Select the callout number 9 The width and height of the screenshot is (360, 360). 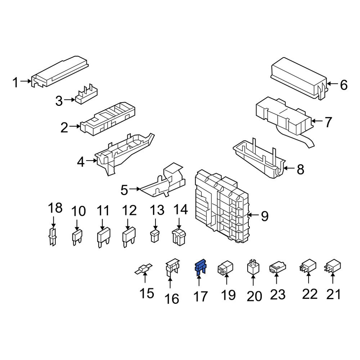click(x=265, y=216)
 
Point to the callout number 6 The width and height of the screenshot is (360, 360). click(x=343, y=85)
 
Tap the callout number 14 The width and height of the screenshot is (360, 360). click(x=181, y=210)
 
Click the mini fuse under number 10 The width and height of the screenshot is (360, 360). click(x=77, y=237)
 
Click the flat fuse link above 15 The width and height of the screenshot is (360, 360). click(x=144, y=269)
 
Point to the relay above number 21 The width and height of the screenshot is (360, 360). click(x=333, y=268)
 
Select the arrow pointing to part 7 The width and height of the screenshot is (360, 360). click(x=317, y=122)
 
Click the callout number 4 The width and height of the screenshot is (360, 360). click(x=81, y=162)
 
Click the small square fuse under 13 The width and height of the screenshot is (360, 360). click(x=155, y=237)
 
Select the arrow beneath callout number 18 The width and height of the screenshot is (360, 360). click(x=53, y=221)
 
